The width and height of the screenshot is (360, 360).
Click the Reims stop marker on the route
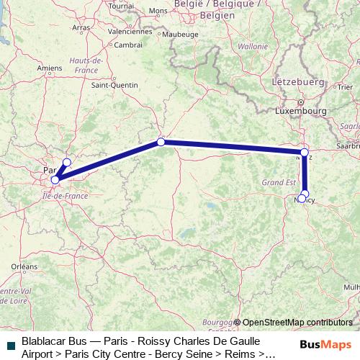pos(161,142)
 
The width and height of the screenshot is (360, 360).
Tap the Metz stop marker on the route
pos(305,153)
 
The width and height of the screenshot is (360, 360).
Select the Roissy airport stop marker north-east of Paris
pos(66,163)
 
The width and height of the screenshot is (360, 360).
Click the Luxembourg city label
pos(301,112)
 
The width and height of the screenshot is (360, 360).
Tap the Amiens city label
pos(50,68)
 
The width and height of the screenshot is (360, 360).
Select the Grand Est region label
pos(274,183)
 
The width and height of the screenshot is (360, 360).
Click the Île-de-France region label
pos(66,195)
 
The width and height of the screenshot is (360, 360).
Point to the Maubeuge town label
pos(180,33)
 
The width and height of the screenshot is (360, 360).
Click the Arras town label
pos(81,27)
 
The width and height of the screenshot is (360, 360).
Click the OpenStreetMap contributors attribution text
pos(297,322)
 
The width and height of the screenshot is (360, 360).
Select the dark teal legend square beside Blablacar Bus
pos(10,340)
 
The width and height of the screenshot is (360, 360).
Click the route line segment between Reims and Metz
pos(230,147)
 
